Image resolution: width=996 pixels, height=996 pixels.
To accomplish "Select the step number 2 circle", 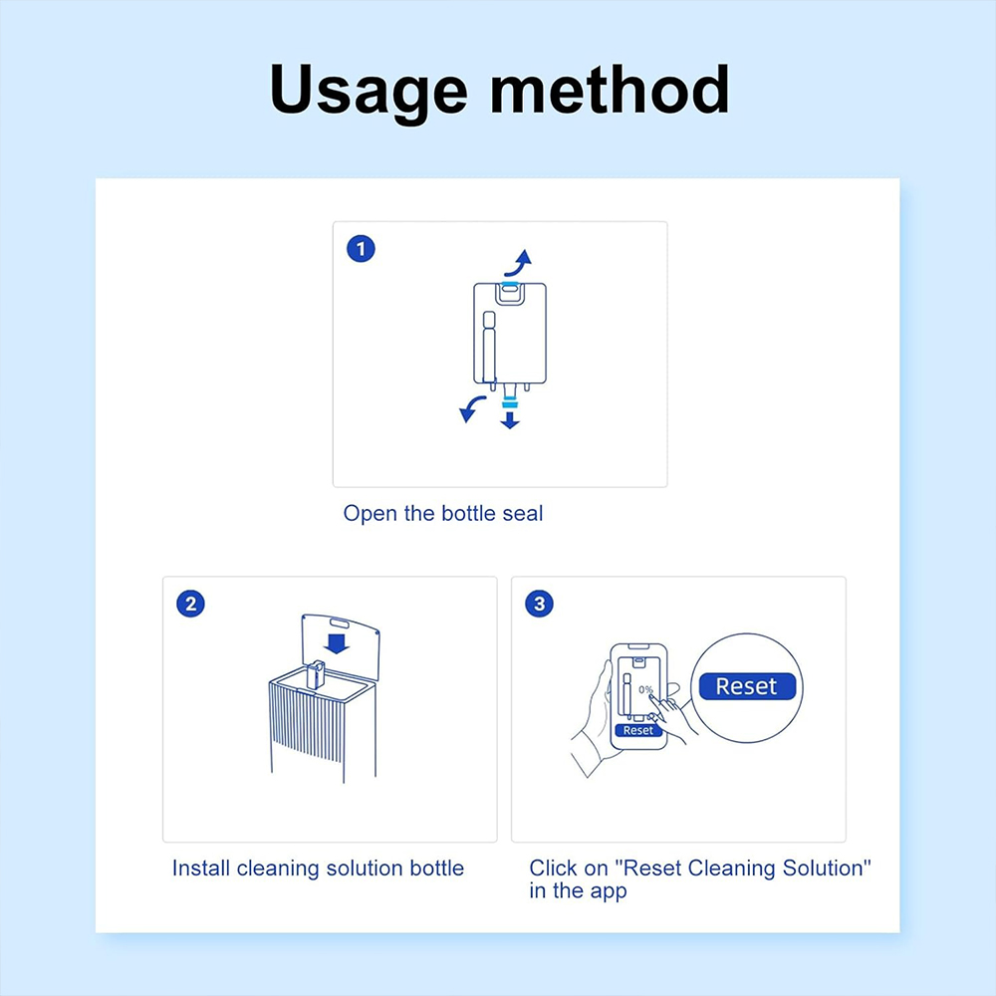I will coord(189,604).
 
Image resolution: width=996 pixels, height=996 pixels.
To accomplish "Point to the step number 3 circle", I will coord(539,604).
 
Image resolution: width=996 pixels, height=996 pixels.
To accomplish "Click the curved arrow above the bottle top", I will coord(517,263).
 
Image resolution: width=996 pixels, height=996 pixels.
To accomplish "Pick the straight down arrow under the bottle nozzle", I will coord(510,419).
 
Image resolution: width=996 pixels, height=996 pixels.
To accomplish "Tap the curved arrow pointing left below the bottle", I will coord(470,407).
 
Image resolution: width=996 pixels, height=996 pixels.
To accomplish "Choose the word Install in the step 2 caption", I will coord(201,869).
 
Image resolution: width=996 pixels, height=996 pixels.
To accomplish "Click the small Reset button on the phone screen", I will coord(637,730).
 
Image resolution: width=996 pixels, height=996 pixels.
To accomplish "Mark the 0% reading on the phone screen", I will coord(645,690).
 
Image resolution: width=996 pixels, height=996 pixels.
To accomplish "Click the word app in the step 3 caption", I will coord(607,891).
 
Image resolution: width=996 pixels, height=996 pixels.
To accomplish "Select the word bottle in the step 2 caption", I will coord(437,869).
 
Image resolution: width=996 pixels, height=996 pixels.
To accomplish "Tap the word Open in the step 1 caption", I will coord(366,514).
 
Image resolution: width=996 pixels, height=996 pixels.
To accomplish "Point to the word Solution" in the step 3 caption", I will coord(827,869).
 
